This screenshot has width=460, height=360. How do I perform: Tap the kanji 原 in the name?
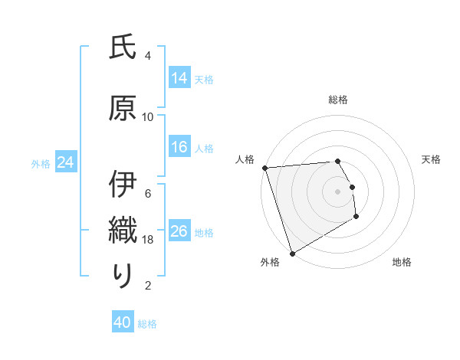123,107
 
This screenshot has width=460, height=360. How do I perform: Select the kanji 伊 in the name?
123,185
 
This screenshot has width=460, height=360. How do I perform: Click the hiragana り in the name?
123,277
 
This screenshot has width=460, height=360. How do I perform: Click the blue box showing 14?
179,79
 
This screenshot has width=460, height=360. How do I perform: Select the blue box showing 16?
179,148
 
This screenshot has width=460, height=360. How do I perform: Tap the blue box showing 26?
179,232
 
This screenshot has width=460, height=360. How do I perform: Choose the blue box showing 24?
66,162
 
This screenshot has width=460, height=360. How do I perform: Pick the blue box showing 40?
123,323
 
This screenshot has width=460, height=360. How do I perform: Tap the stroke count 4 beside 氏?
148,56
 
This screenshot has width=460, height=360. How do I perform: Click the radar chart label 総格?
337,100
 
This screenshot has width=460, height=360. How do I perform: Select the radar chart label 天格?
432,159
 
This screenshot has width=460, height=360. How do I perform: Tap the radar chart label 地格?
402,262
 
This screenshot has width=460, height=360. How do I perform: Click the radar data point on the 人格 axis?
264,168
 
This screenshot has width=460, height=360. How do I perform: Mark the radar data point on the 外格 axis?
292,253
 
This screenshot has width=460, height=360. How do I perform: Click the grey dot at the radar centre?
337,191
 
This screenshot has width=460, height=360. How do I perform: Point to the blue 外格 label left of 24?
41,163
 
